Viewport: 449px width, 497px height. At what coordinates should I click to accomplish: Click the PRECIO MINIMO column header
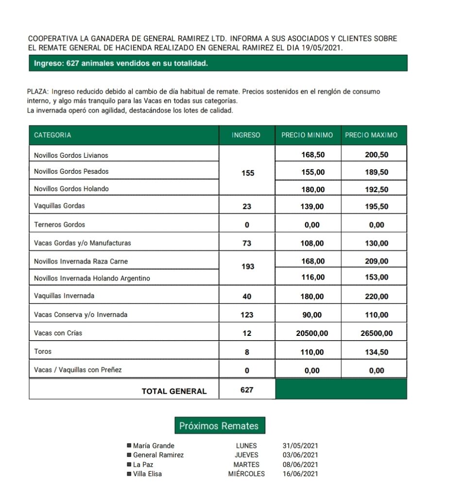(307, 135)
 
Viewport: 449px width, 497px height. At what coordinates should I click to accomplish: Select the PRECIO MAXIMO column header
(371, 135)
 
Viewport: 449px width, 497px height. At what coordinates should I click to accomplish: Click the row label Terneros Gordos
(59, 225)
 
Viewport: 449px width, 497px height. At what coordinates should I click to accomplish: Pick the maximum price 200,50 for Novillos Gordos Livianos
(377, 155)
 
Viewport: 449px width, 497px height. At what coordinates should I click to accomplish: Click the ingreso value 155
(247, 173)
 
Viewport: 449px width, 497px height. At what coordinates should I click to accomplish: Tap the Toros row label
(43, 351)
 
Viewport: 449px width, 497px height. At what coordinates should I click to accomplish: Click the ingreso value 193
(247, 266)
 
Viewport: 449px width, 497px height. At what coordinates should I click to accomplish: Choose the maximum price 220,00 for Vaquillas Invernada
(377, 297)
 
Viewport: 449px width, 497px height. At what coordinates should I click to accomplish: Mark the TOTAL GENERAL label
(174, 391)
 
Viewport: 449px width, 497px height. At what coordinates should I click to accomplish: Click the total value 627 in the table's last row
(247, 390)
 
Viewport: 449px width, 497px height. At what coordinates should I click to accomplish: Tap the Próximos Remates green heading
(219, 426)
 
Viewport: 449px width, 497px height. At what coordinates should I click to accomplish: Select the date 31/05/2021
(300, 446)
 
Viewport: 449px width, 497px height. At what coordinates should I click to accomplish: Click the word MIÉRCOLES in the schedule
(246, 474)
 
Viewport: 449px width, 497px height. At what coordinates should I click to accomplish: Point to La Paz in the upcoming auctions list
(143, 464)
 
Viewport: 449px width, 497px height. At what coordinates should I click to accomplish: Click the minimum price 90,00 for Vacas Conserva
(312, 315)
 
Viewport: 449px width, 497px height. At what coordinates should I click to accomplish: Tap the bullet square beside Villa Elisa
(129, 474)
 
